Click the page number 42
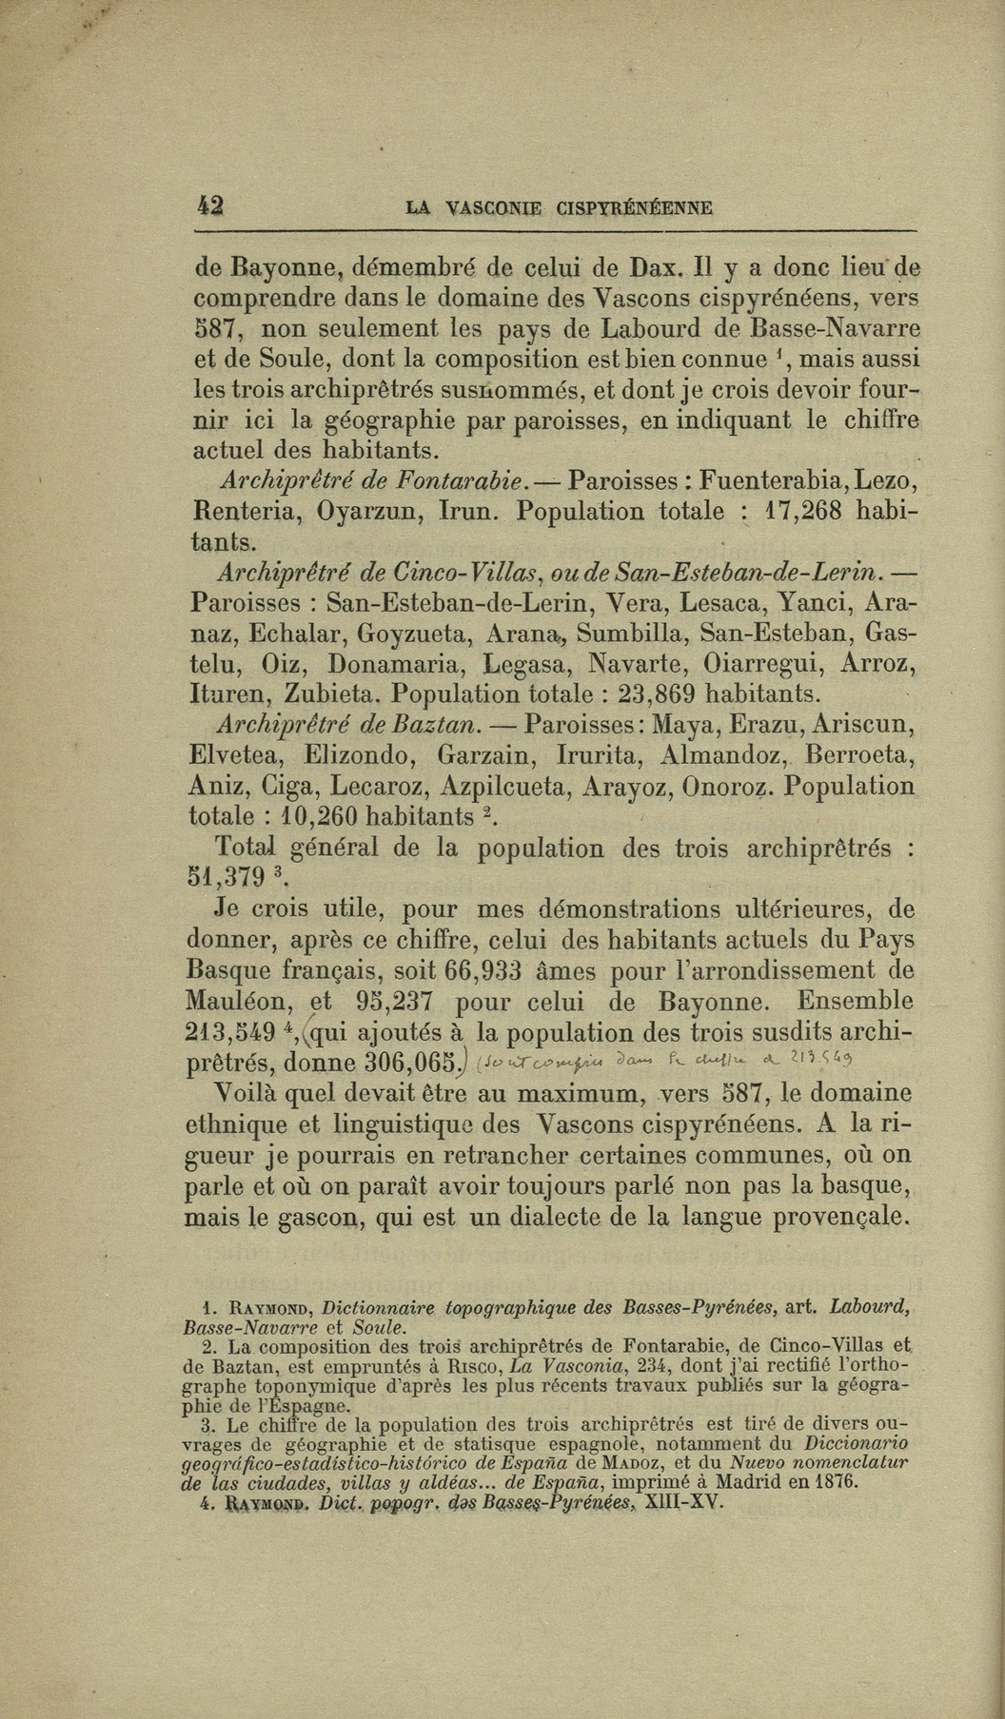point(207,206)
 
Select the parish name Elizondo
point(357,756)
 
